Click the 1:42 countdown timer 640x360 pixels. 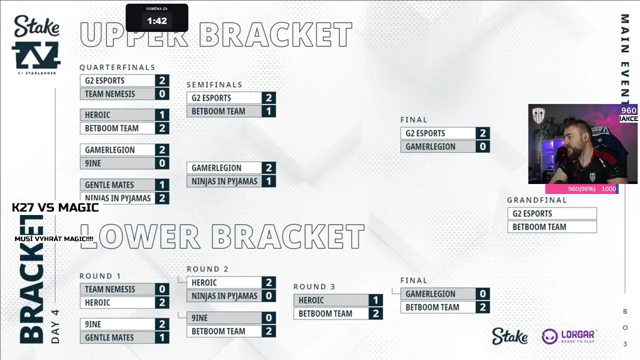point(156,21)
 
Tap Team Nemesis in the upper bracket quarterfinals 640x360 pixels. point(110,94)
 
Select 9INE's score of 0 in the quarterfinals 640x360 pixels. point(162,163)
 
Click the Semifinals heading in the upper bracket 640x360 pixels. point(214,85)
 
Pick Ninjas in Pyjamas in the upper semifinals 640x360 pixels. point(224,181)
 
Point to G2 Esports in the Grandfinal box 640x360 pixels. point(532,213)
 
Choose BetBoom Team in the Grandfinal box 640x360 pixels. point(539,227)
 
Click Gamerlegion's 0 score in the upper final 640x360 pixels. point(483,146)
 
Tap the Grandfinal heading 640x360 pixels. point(537,200)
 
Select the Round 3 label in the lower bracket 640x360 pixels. point(314,287)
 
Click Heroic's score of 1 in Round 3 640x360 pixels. point(376,300)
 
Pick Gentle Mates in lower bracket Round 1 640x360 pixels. point(109,337)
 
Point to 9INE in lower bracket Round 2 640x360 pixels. point(199,318)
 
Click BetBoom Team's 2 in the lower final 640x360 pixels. point(483,307)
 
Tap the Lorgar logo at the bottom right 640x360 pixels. point(568,336)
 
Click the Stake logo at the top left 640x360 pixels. point(36,26)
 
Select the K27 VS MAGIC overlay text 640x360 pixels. point(55,207)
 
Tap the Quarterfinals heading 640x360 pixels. point(117,67)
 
